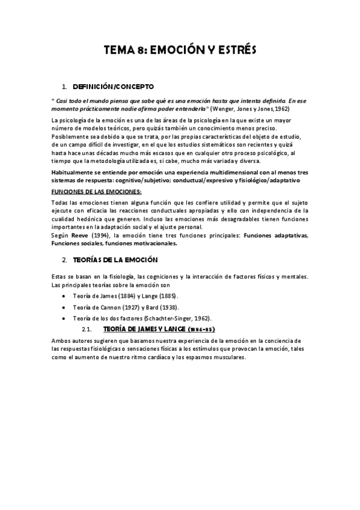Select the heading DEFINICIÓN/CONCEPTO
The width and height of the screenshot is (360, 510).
pyautogui.click(x=113, y=87)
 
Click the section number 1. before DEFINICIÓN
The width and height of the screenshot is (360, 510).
pyautogui.click(x=65, y=87)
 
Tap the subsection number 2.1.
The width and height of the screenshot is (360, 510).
pyautogui.click(x=85, y=330)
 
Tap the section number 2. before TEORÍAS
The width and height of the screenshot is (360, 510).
pyautogui.click(x=65, y=260)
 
